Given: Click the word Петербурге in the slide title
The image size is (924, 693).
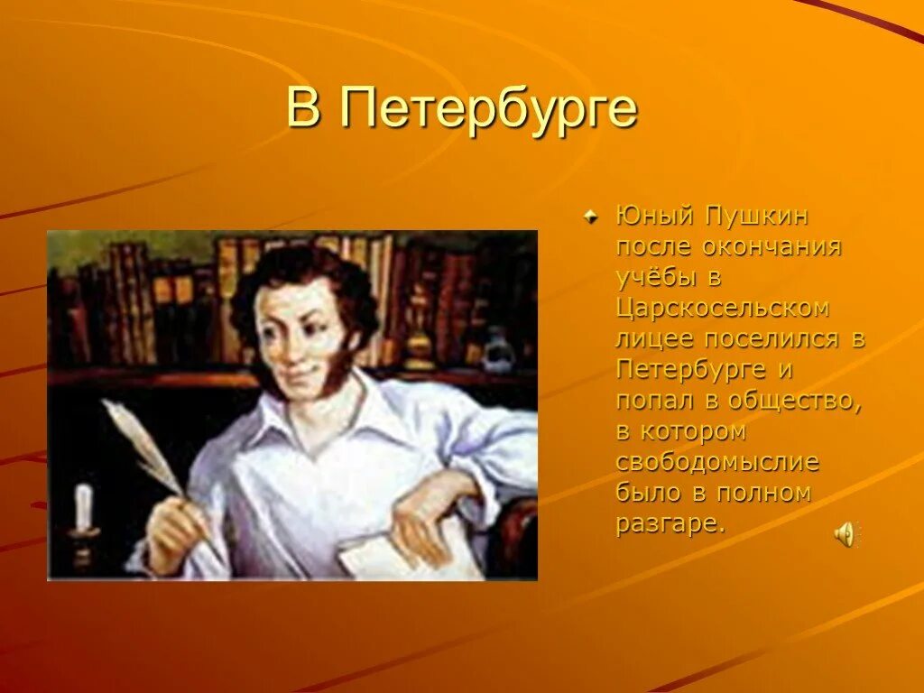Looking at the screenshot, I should click(x=490, y=111).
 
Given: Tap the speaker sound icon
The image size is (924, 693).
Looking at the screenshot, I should click(x=845, y=535).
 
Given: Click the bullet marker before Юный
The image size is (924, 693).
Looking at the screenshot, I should click(x=589, y=217).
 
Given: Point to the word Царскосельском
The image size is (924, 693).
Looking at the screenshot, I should click(x=722, y=309).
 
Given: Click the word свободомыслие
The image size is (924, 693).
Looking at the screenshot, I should click(x=717, y=463).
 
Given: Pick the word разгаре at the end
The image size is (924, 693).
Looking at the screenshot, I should click(x=670, y=524).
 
